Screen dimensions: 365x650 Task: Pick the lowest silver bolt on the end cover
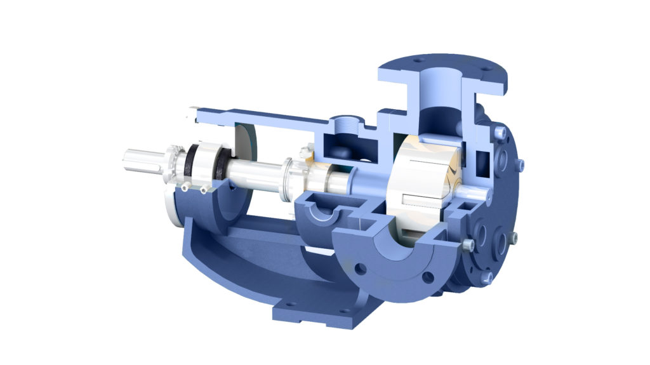(488, 278)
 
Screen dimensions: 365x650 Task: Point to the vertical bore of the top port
(437, 95)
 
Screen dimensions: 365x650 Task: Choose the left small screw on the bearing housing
(183, 189)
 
